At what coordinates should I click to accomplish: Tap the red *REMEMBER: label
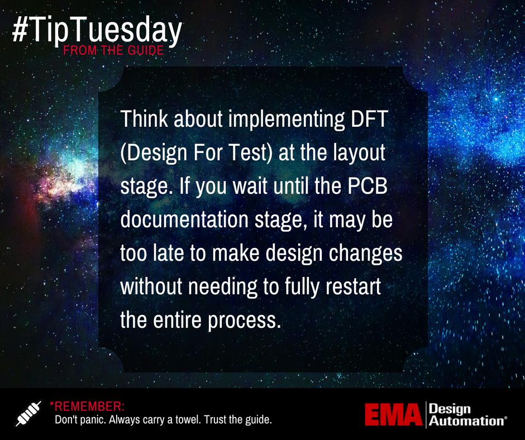pyautogui.click(x=87, y=405)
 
